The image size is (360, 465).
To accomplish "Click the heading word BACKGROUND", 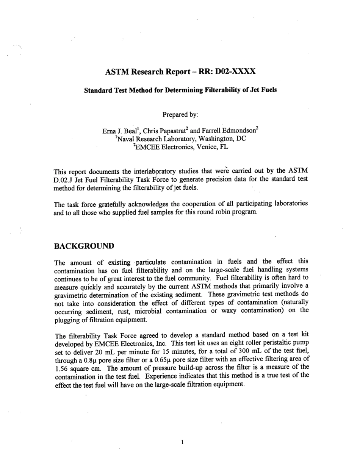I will coord(84,246).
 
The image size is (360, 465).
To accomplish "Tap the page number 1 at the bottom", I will coord(183,442).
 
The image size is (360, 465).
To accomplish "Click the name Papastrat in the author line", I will coord(169,131).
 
